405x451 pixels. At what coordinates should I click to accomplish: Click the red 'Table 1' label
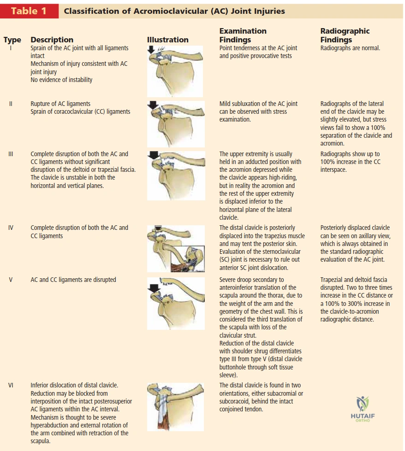[29, 11]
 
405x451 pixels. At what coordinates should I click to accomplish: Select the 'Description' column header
[52, 40]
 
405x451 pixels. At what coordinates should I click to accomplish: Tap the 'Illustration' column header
[167, 40]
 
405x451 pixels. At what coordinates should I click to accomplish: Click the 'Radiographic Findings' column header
[345, 35]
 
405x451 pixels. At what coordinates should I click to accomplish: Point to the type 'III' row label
[11, 154]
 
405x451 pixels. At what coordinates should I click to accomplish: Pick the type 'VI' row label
[11, 385]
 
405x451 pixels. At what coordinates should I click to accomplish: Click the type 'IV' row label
[11, 228]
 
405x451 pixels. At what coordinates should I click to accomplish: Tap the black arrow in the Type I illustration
[151, 50]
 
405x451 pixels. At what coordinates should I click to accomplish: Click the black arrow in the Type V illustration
[155, 288]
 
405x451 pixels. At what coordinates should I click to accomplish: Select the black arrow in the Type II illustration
[153, 105]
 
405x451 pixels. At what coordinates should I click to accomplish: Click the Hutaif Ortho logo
[363, 409]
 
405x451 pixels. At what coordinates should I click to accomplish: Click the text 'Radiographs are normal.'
[350, 48]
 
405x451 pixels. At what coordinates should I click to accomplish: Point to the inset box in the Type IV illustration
[188, 258]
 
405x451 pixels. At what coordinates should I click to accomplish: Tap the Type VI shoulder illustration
[175, 407]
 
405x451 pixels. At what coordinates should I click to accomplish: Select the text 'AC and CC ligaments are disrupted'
[73, 280]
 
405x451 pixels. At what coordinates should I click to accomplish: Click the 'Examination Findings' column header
[243, 35]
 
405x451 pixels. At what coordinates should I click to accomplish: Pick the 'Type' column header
[12, 40]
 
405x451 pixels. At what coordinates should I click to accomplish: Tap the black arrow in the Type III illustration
[154, 155]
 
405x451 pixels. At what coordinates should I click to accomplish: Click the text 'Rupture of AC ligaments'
[60, 104]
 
